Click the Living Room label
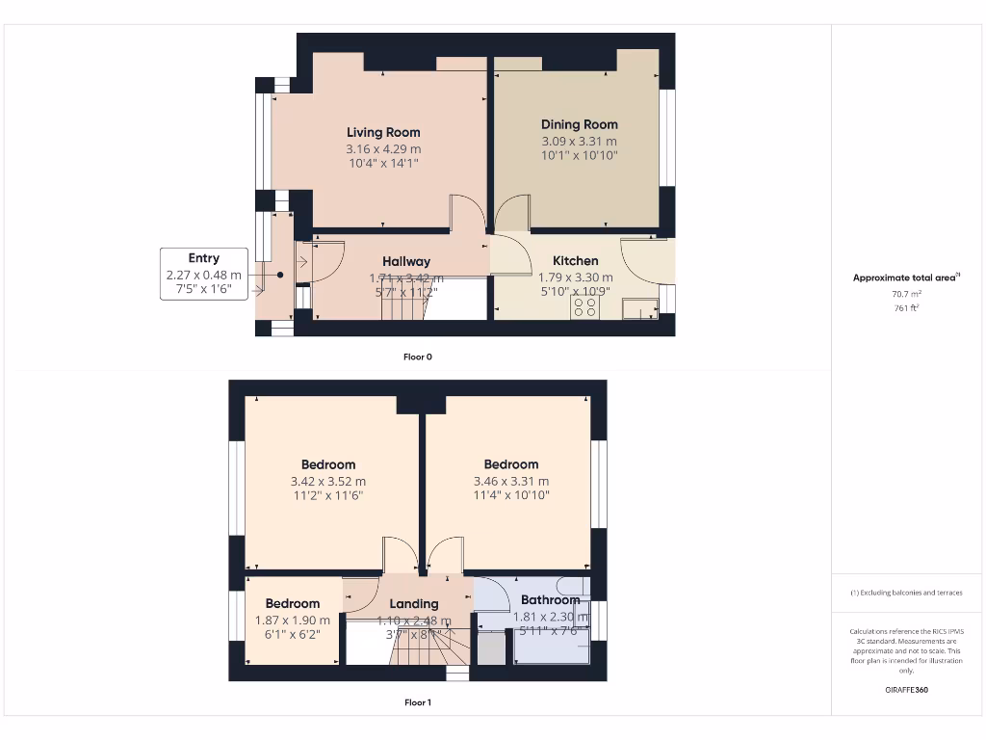(383, 132)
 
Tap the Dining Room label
(579, 124)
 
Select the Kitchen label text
(575, 261)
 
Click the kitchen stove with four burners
(584, 307)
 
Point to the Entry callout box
(203, 274)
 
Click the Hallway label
(406, 261)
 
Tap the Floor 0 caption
(417, 357)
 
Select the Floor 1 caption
(417, 702)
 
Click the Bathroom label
(551, 600)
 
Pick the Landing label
(414, 604)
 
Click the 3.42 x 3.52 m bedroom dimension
(328, 482)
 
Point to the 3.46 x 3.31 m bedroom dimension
(511, 482)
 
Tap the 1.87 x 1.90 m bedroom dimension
(293, 621)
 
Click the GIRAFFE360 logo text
(905, 690)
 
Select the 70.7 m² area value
(905, 294)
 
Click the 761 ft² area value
(905, 308)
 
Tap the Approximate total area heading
(904, 277)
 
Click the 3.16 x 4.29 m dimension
(383, 149)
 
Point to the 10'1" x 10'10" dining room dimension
(579, 155)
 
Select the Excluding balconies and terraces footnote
(905, 593)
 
